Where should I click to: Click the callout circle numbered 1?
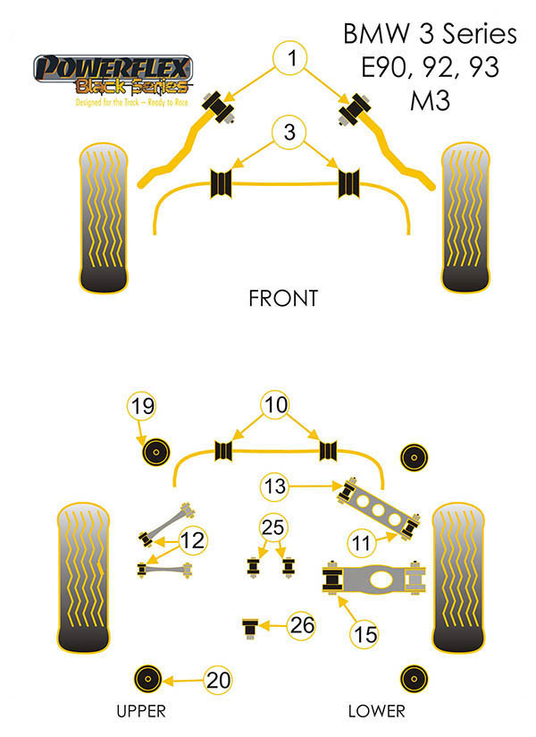(x=290, y=59)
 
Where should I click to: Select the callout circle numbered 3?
(x=289, y=133)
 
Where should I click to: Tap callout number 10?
(x=277, y=405)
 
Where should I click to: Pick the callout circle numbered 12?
(x=192, y=540)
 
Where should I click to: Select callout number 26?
(x=303, y=625)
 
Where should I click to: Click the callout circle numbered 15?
(x=364, y=635)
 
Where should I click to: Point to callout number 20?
(x=218, y=680)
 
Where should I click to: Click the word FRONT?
(x=282, y=298)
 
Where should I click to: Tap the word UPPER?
(x=141, y=712)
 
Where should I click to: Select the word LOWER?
(x=376, y=712)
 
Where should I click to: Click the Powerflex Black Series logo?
(x=112, y=81)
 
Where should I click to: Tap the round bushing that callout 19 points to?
(x=157, y=453)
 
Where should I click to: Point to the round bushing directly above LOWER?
(x=412, y=679)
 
